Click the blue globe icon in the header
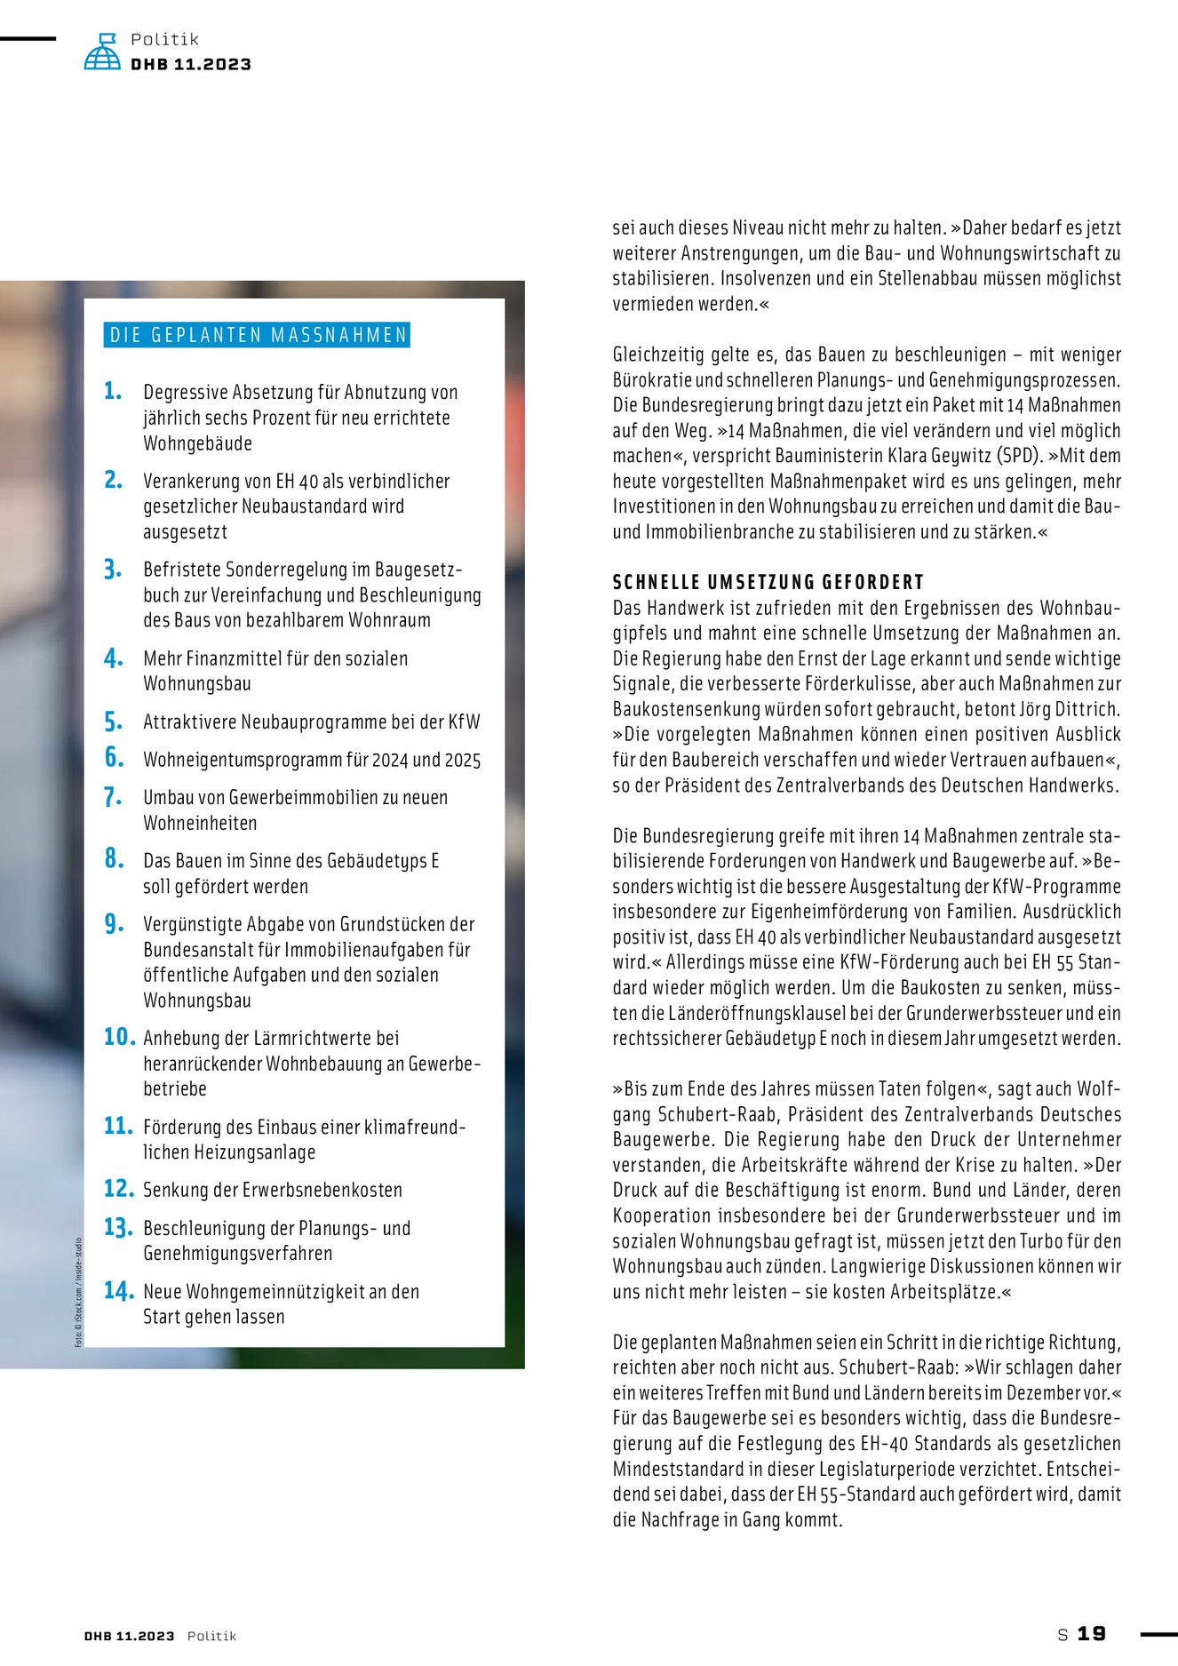coord(102,52)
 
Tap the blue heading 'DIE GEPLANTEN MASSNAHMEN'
coord(258,335)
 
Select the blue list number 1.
coord(112,391)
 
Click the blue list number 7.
coord(112,797)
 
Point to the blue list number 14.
coord(118,1291)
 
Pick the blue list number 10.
coord(119,1037)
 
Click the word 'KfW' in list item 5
coord(464,721)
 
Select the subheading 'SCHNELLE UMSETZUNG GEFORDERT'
coord(768,582)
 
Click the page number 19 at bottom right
coord(1092,1634)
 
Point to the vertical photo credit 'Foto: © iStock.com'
coord(78,1292)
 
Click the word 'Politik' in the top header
coord(165,39)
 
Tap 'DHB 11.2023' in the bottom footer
coord(130,1636)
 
